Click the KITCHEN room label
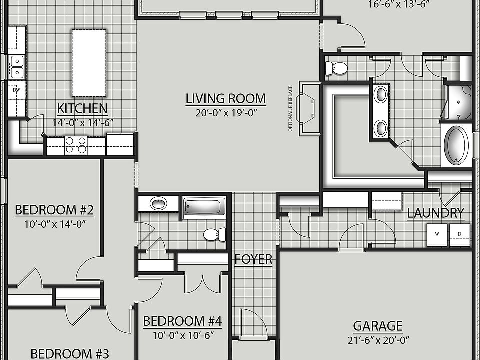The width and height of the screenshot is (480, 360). pos(82,108)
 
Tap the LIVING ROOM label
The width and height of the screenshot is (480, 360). pos(226,99)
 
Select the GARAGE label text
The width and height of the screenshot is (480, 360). pos(377,326)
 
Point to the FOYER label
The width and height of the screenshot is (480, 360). pos(254,259)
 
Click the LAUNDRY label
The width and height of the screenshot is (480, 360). pos(435,213)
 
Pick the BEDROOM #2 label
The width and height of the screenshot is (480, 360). pos(55,210)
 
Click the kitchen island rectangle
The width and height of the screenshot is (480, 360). pos(89,63)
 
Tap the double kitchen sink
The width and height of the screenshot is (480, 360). pos(16,67)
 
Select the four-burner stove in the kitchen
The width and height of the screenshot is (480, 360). pos(75,145)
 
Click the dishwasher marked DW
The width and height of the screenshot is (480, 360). pos(16,90)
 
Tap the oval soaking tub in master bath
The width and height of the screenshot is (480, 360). pos(456,145)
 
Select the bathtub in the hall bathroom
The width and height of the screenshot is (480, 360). pos(204,207)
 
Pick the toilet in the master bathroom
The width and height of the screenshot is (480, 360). pos(337,68)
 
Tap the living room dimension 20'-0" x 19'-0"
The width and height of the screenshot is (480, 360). pos(226,113)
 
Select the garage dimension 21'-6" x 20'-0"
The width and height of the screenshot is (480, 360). pos(377,340)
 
